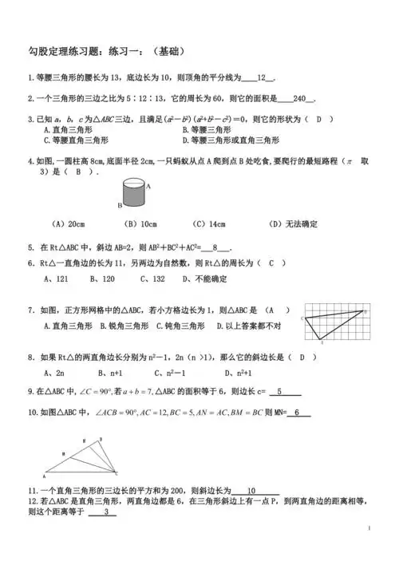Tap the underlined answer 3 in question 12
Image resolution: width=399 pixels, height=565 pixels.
[105, 512]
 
